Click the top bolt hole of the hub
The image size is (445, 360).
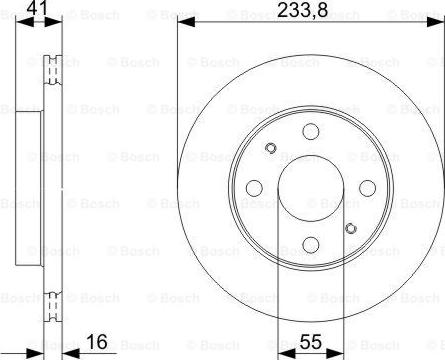[x=309, y=130]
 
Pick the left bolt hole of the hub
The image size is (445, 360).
[x=253, y=187]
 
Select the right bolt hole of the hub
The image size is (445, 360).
[x=364, y=186]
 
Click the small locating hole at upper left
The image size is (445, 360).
[x=270, y=148]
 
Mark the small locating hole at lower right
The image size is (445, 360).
[x=349, y=227]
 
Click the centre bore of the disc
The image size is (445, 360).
[x=309, y=187]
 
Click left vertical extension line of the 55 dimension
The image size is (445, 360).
[x=278, y=290]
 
